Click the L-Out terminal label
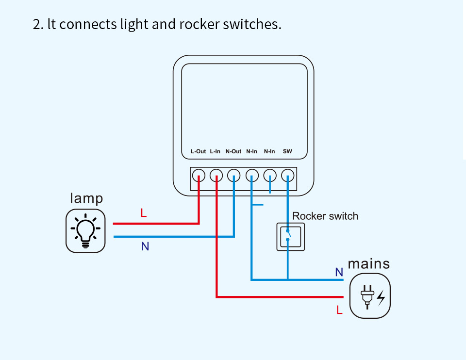pyautogui.click(x=198, y=151)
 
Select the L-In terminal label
pyautogui.click(x=215, y=151)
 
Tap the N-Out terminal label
pyautogui.click(x=233, y=151)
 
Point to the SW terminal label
pyautogui.click(x=287, y=151)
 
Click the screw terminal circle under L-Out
pyautogui.click(x=199, y=176)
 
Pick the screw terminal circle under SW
pyautogui.click(x=288, y=176)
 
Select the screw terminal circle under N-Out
pyautogui.click(x=234, y=176)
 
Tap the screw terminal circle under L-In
pyautogui.click(x=216, y=176)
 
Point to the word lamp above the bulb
pyautogui.click(x=86, y=198)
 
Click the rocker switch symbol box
pyautogui.click(x=291, y=237)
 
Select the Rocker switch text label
pyautogui.click(x=325, y=216)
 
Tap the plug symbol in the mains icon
pyautogui.click(x=367, y=297)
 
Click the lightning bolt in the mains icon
pyautogui.click(x=381, y=298)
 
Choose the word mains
pyautogui.click(x=369, y=264)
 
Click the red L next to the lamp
pyautogui.click(x=144, y=213)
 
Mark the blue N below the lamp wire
pyautogui.click(x=145, y=246)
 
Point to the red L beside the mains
pyautogui.click(x=339, y=310)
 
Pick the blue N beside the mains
pyautogui.click(x=339, y=272)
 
